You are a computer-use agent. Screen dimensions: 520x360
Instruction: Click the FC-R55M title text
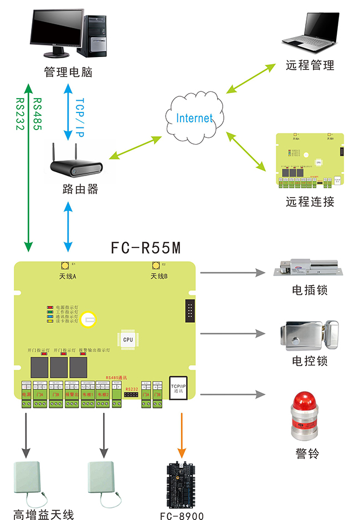(146, 248)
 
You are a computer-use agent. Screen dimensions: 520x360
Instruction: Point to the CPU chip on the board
(128, 339)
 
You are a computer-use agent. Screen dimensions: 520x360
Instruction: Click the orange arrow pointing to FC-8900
(179, 433)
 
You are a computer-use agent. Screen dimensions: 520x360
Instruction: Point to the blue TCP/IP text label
(79, 115)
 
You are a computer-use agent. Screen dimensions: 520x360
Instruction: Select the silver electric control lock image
(310, 335)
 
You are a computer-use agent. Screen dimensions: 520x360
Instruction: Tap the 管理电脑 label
(68, 72)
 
